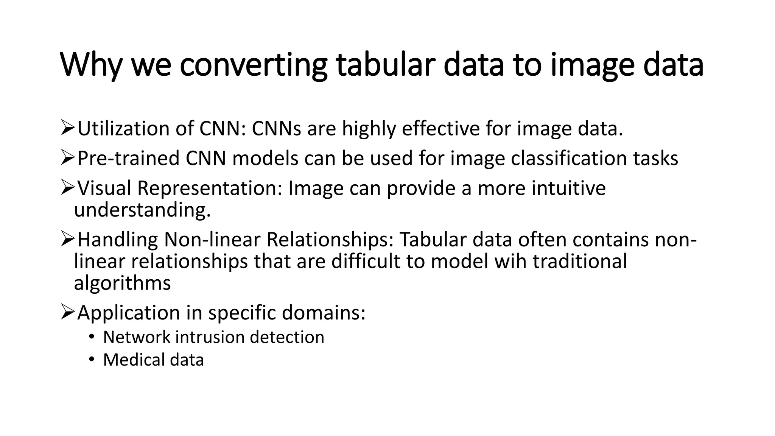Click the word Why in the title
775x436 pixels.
point(91,65)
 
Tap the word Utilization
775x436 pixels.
point(123,129)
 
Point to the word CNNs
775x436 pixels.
point(276,129)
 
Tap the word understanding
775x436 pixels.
point(142,210)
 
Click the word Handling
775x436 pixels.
point(117,240)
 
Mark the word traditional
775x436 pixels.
point(580,261)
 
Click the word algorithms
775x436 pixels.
point(122,283)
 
